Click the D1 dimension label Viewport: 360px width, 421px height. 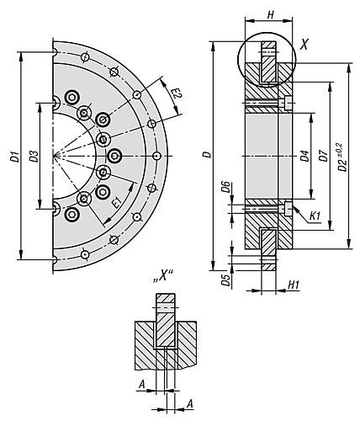tap(17, 156)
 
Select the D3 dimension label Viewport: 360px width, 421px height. tap(34, 156)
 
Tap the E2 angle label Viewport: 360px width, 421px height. tap(177, 93)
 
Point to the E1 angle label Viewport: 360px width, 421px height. tap(116, 202)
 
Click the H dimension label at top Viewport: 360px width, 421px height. tap(270, 14)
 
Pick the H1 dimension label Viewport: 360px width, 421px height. tap(294, 285)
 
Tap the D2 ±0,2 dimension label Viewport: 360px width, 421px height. tap(342, 157)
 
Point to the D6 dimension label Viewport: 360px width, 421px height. tap(226, 187)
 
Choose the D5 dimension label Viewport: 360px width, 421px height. tap(226, 280)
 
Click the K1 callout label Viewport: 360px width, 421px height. tap(315, 216)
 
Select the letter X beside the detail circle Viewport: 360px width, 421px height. tap(304, 45)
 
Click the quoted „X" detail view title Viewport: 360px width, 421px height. tap(162, 277)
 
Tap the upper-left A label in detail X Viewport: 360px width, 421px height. tap(142, 384)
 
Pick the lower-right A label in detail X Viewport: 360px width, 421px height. tap(190, 404)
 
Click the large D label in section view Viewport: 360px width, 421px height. tap(208, 155)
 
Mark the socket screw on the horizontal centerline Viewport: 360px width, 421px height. tap(115, 156)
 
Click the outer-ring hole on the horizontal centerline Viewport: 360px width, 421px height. tap(157, 156)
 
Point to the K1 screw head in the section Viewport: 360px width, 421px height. tap(289, 209)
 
